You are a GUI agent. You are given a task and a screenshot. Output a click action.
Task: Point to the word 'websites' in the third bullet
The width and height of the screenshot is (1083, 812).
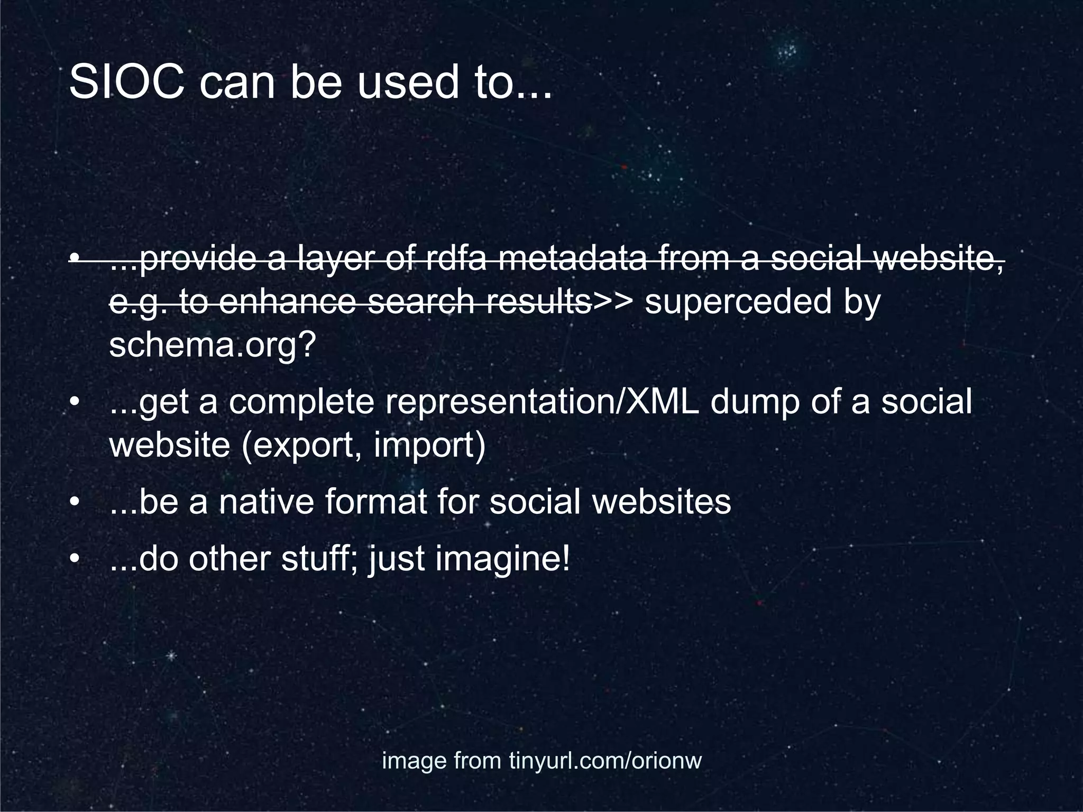coord(661,502)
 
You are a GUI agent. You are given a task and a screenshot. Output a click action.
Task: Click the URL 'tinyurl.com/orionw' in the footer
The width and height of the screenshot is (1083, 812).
coord(605,761)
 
